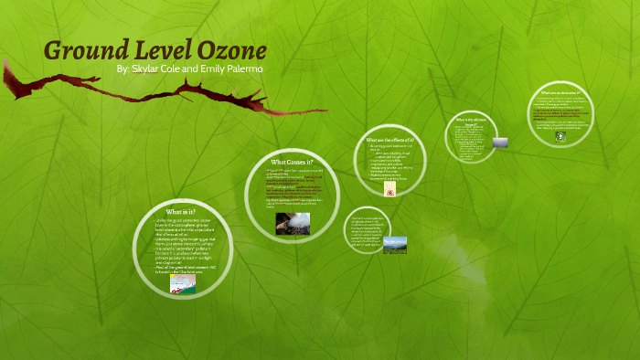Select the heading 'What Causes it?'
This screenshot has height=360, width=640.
pyautogui.click(x=292, y=162)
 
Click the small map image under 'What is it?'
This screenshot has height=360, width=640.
pyautogui.click(x=182, y=284)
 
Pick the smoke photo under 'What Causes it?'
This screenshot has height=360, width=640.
pyautogui.click(x=293, y=223)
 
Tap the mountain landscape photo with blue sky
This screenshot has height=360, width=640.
pyautogui.click(x=395, y=245)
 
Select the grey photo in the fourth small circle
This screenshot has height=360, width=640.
pyautogui.click(x=499, y=143)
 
